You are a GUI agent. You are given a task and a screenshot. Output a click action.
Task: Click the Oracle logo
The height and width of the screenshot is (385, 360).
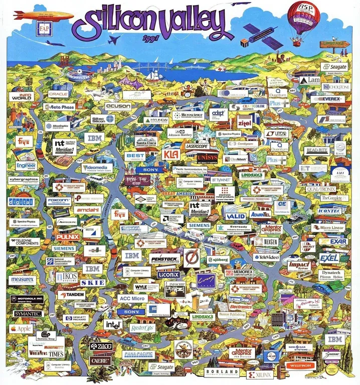(x=58, y=94)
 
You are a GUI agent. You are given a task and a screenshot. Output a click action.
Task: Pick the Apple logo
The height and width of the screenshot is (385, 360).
(x=21, y=328)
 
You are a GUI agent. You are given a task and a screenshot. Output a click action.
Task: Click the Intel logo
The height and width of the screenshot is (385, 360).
(x=113, y=324)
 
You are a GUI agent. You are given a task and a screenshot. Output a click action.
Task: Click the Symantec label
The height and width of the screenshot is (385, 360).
(x=25, y=314)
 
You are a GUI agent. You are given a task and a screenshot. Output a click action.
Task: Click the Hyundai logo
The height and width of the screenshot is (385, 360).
(x=157, y=120)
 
